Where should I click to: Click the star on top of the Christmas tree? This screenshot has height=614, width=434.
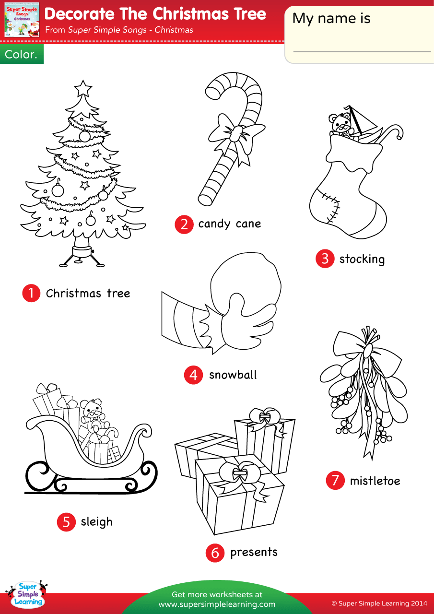tap(83, 89)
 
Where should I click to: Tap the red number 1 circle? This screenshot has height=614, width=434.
tap(31, 293)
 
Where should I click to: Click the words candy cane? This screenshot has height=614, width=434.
tap(229, 224)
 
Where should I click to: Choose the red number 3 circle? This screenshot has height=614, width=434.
tap(325, 259)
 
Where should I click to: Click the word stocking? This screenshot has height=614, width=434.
tap(362, 260)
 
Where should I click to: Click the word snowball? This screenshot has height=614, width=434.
tap(233, 375)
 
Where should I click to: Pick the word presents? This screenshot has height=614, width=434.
tap(254, 553)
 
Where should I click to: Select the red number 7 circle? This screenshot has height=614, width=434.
tap(335, 481)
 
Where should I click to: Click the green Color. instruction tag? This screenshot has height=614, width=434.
tap(22, 54)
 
